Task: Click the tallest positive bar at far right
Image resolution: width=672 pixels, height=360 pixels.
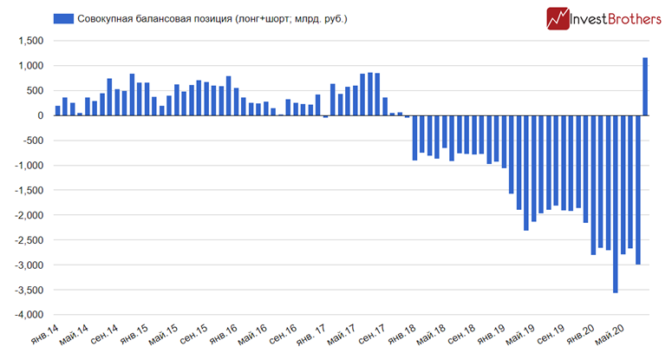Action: point(645,86)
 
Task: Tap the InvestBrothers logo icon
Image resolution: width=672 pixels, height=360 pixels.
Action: point(558,18)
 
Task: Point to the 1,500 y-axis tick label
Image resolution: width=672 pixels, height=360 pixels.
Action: point(29,41)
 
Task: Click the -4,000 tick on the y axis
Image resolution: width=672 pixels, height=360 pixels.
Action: point(27,315)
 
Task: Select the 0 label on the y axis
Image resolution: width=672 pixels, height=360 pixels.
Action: point(40,115)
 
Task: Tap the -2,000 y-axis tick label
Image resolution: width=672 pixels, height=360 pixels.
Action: point(27,215)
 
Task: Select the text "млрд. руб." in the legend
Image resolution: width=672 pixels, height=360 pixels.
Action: point(318,18)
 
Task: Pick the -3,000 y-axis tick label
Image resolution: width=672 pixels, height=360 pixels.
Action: point(27,265)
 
